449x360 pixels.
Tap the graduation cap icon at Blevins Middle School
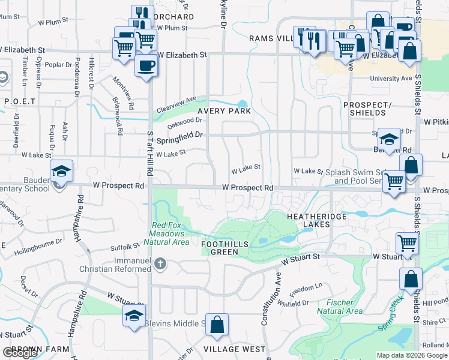[134, 316]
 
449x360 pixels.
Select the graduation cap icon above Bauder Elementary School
[61, 172]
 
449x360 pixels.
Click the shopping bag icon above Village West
[217, 325]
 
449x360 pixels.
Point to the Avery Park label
[224, 111]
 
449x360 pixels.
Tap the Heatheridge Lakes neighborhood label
[309, 220]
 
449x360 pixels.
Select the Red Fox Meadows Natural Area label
[167, 234]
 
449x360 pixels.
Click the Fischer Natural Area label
[339, 307]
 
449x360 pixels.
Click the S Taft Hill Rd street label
[150, 156]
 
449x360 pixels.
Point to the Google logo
[19, 353]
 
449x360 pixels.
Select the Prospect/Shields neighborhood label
[364, 109]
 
